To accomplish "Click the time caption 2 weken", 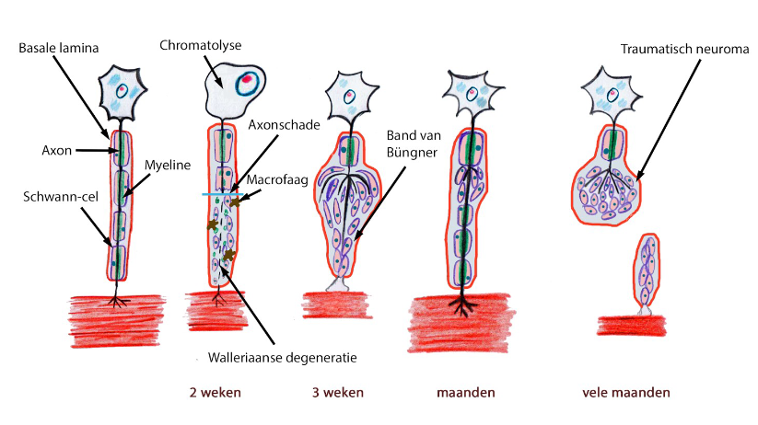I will point(215,393).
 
